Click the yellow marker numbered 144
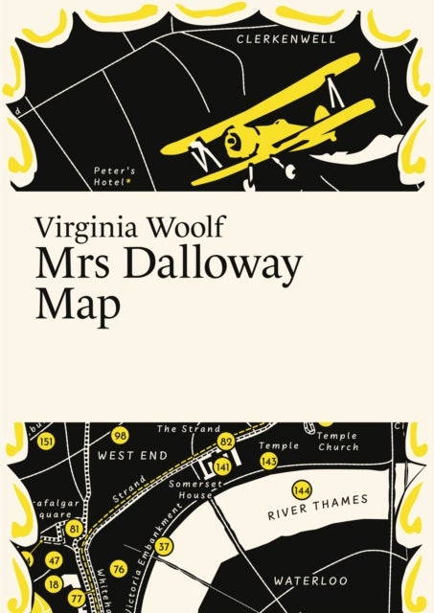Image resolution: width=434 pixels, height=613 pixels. (x=303, y=491)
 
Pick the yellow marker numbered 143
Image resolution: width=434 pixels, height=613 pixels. (x=269, y=461)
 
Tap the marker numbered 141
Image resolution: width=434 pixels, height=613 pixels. (x=222, y=466)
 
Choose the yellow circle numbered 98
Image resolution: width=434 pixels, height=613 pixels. (x=119, y=435)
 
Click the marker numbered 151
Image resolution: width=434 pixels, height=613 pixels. (x=45, y=442)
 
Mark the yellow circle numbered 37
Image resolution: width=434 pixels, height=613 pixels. (x=165, y=546)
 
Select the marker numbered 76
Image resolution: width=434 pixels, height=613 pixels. (x=118, y=569)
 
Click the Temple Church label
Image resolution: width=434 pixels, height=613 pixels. (x=337, y=441)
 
